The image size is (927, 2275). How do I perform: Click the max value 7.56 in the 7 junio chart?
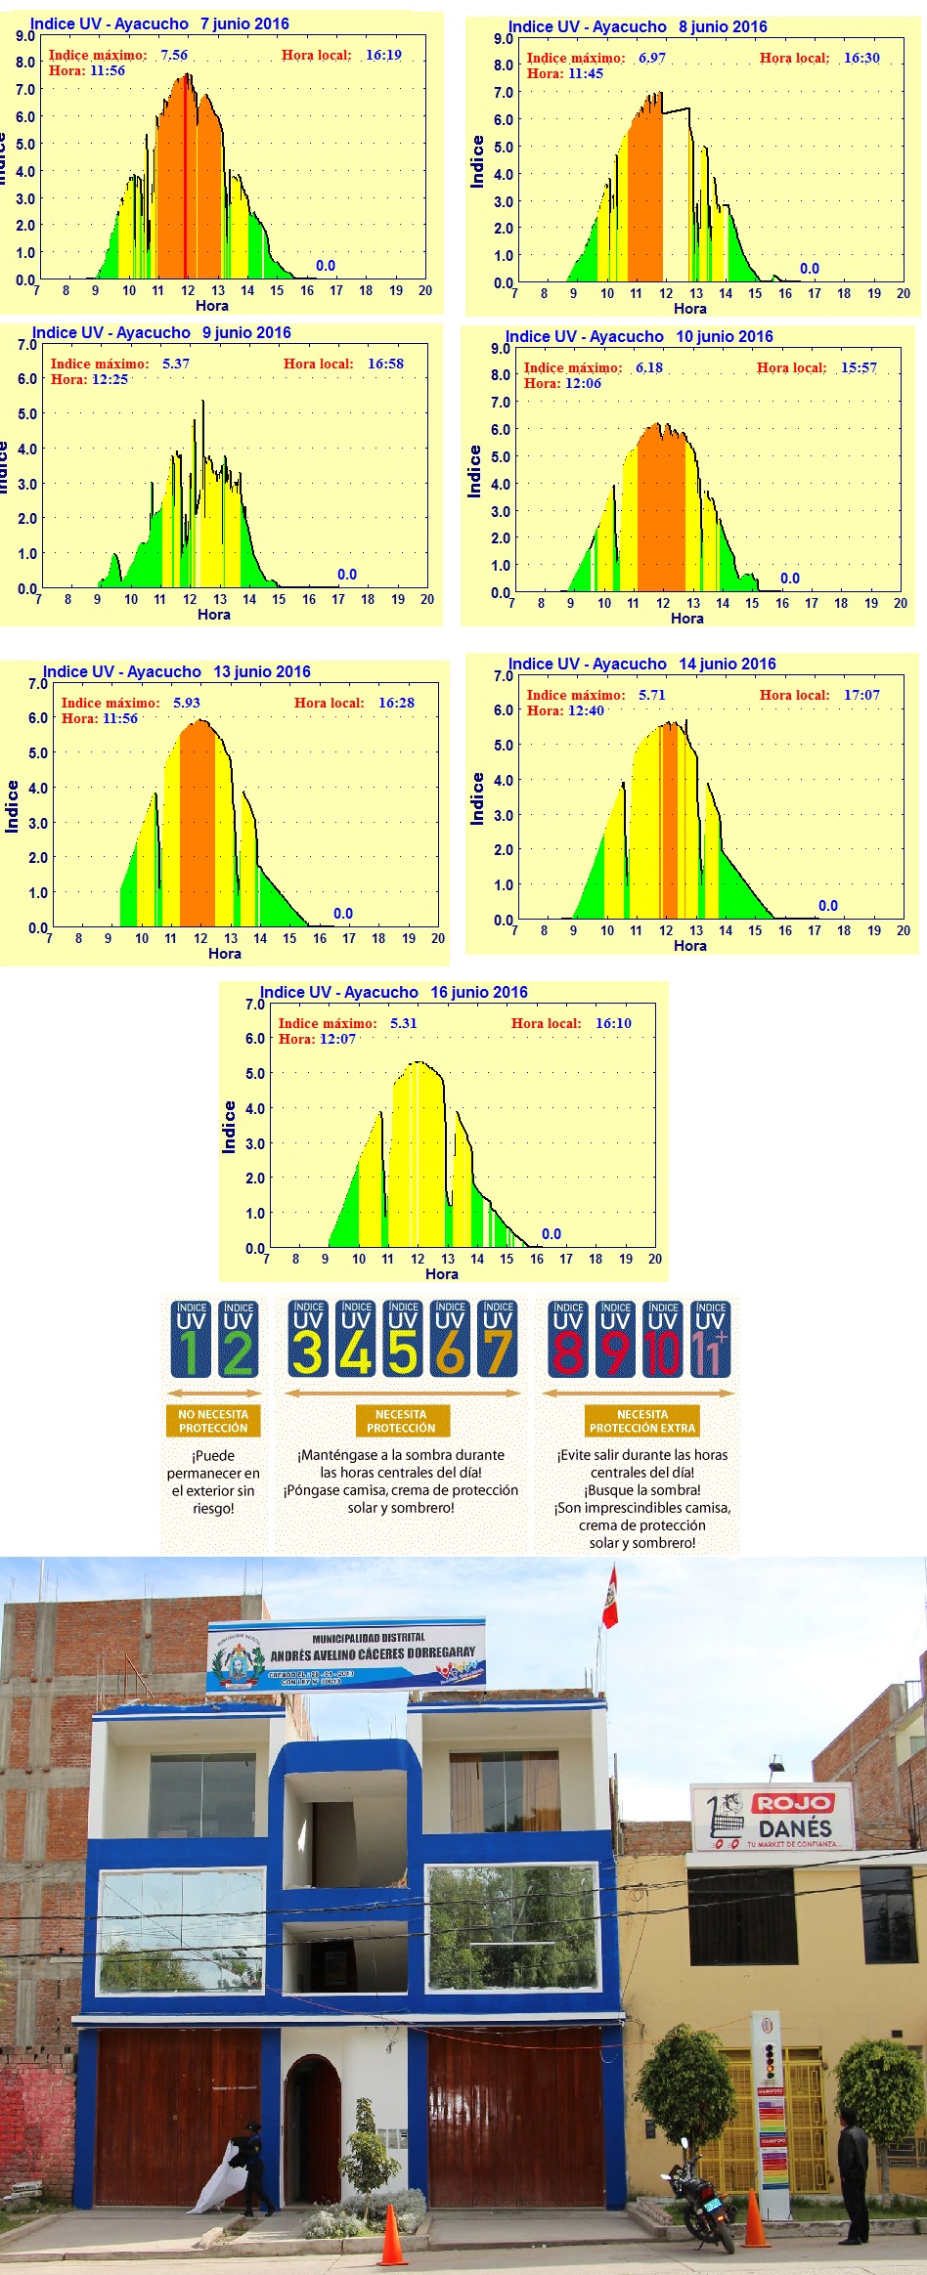(174, 56)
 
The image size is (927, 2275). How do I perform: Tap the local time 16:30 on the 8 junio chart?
(861, 59)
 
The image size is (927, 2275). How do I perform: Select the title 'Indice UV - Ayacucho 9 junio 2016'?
(161, 333)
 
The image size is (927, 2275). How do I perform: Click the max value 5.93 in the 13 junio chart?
(186, 704)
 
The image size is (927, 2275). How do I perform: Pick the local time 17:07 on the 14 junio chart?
(861, 696)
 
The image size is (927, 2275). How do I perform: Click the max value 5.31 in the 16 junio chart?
(403, 1024)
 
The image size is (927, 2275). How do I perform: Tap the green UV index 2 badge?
(238, 1340)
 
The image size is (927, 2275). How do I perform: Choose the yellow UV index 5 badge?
(403, 1340)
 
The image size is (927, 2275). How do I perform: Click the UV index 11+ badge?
(710, 1340)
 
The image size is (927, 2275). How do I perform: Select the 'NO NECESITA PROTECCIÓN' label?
(213, 1422)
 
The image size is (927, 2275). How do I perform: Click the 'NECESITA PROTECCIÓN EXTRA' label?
(641, 1422)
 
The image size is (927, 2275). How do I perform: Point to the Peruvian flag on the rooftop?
(610, 1599)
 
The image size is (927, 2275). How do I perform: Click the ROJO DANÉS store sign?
(772, 1818)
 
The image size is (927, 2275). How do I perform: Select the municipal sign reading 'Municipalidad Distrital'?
(346, 1655)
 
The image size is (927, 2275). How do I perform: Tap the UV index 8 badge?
(567, 1340)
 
